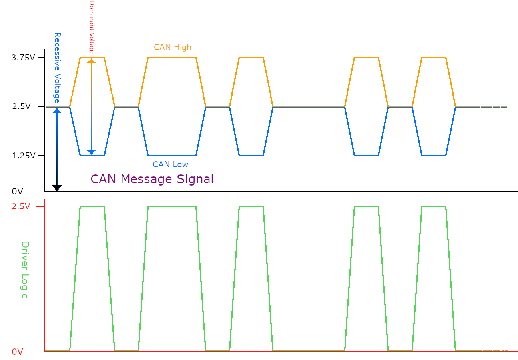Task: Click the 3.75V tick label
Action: coord(23,58)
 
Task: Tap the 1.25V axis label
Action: coord(23,156)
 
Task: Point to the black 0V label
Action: coord(17,192)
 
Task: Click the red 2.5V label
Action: coord(20,206)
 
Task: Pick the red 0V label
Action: coord(17,352)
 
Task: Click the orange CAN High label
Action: coord(173,47)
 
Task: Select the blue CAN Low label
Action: coord(170,164)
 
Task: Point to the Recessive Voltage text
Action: coord(57,68)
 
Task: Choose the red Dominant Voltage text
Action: coord(92,28)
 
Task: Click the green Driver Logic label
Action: coord(25,269)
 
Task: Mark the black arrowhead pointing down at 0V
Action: coord(57,187)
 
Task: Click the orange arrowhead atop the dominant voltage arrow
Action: coord(92,61)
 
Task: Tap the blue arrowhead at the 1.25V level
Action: coord(92,152)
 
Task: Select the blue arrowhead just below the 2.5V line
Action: coord(57,111)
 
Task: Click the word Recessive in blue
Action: coord(57,51)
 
